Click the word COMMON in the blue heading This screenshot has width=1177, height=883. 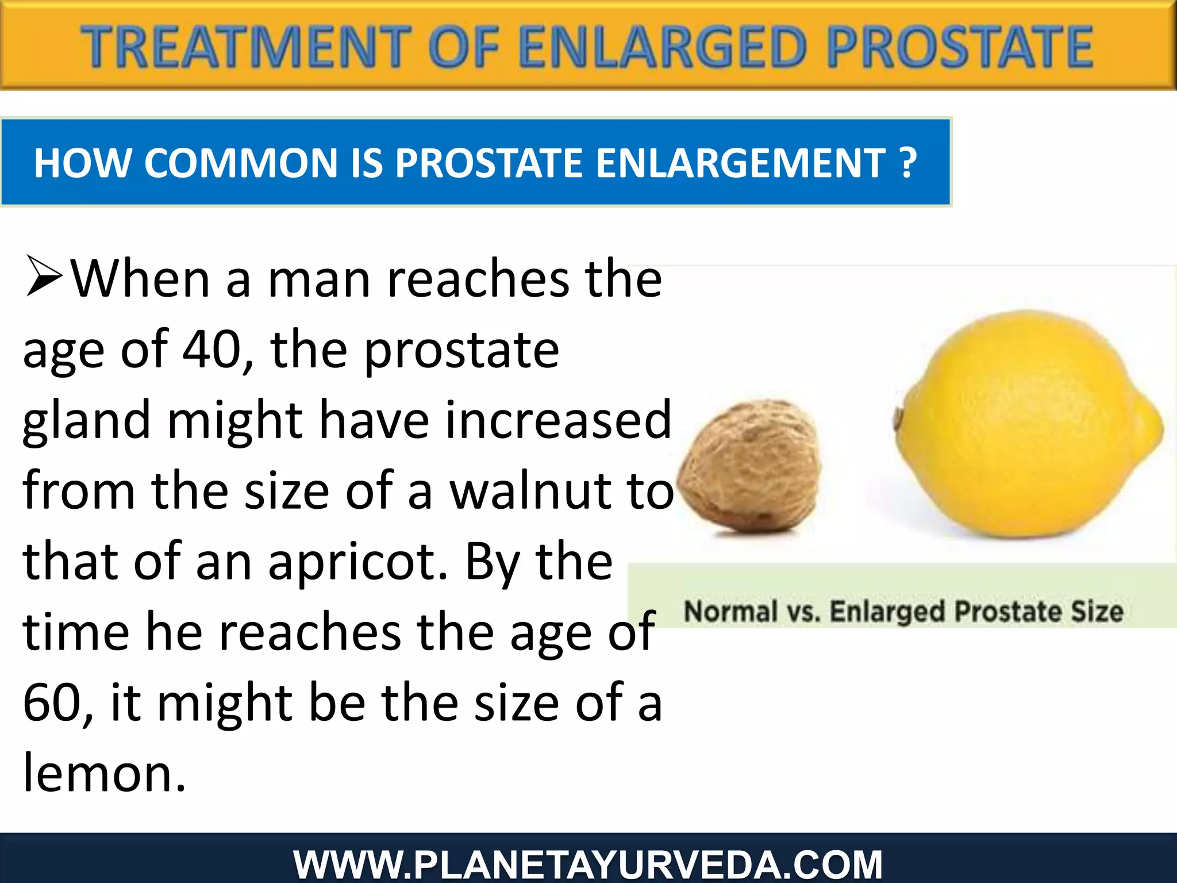241,163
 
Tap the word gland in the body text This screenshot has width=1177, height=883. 86,421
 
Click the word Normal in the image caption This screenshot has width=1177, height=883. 730,611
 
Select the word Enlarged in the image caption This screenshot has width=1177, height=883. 888,611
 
